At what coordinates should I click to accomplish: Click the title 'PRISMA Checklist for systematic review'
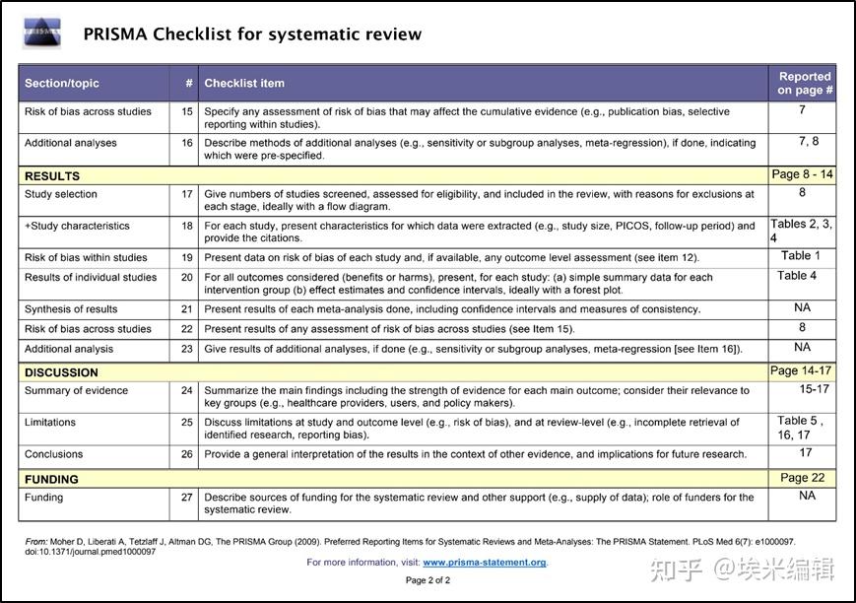coord(252,34)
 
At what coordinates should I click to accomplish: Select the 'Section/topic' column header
coord(62,84)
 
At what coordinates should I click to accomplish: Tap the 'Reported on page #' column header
coord(804,83)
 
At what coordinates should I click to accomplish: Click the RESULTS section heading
coord(52,176)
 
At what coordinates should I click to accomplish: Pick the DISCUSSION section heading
coord(61,372)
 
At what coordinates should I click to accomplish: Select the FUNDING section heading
coord(51,479)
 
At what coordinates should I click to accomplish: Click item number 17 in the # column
coord(186,194)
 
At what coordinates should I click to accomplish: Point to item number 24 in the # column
coord(186,390)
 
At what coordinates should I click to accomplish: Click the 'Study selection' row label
coord(61,194)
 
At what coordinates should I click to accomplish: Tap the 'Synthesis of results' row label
coord(71,309)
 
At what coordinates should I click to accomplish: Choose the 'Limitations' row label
coord(50,422)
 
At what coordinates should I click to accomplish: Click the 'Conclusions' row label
coord(54,454)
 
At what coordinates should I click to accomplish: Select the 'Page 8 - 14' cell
coord(802,174)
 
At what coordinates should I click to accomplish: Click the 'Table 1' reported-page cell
coord(801,256)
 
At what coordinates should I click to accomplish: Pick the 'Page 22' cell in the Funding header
coord(802,478)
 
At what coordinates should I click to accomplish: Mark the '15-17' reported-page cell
coord(814,389)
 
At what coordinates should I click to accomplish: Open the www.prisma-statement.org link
coord(484,563)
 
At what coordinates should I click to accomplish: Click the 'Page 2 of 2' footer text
coord(428,580)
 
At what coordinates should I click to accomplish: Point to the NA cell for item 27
coord(807,497)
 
